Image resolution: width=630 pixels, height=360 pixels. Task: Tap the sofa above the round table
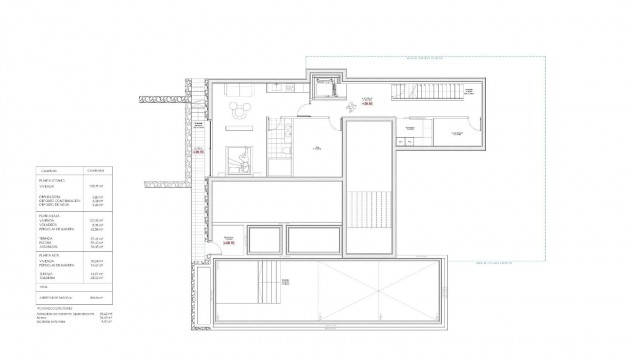pyautogui.click(x=240, y=92)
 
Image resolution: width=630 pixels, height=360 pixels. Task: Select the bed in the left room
pyautogui.click(x=240, y=160)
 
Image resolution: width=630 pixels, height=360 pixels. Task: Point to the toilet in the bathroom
pyautogui.click(x=284, y=151)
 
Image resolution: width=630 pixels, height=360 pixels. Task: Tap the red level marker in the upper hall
pyautogui.click(x=369, y=101)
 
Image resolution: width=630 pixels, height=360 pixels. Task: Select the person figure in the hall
pyautogui.click(x=351, y=106)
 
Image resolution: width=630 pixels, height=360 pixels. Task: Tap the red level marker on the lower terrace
pyautogui.click(x=228, y=241)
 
